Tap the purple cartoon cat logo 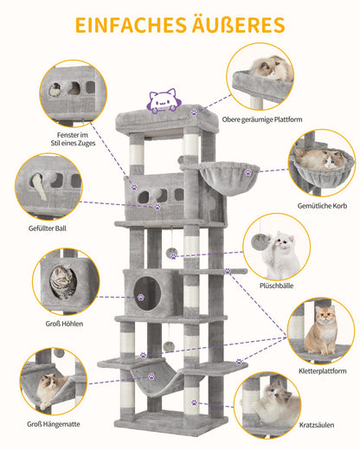pyautogui.click(x=163, y=100)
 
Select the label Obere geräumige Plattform pyautogui.click(x=262, y=119)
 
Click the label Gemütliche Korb pyautogui.click(x=322, y=206)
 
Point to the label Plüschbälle pyautogui.click(x=276, y=286)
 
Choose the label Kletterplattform pyautogui.click(x=323, y=371)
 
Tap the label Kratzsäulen pyautogui.click(x=317, y=425)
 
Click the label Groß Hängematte pyautogui.click(x=54, y=424)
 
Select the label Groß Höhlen pyautogui.click(x=64, y=324)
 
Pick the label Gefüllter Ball pyautogui.click(x=48, y=228)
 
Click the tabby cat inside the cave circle pyautogui.click(x=63, y=281)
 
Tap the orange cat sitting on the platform pyautogui.click(x=321, y=331)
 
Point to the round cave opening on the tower pyautogui.click(x=147, y=293)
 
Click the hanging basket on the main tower pyautogui.click(x=229, y=177)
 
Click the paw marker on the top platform pyautogui.click(x=194, y=112)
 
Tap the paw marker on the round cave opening pyautogui.click(x=140, y=297)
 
